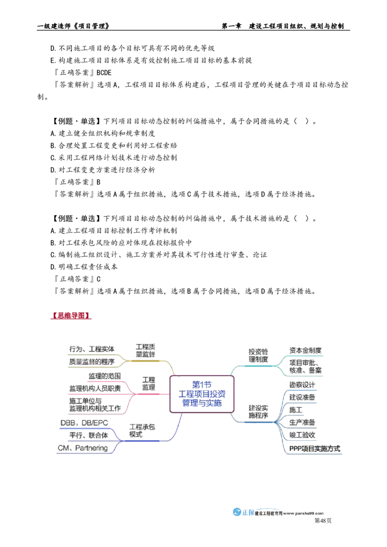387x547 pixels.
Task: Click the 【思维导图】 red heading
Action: [x=71, y=316]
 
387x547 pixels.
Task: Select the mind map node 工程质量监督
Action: [x=145, y=351]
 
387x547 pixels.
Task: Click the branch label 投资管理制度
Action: [x=258, y=356]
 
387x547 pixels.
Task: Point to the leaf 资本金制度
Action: [x=305, y=350]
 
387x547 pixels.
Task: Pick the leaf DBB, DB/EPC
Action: [x=84, y=423]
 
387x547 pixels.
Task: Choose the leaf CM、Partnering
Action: [x=83, y=448]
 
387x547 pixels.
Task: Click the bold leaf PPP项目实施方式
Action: [x=315, y=448]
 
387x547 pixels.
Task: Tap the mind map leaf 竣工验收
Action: [x=302, y=435]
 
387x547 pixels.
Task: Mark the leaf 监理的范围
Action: [x=104, y=376]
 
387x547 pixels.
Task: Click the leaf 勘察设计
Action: [x=302, y=385]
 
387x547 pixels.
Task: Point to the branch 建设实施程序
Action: [x=258, y=412]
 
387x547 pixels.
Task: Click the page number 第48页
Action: [x=323, y=521]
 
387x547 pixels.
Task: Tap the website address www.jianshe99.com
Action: [x=303, y=514]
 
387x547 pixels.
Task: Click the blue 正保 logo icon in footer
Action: [x=237, y=512]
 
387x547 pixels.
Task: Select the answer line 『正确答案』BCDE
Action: [x=83, y=72]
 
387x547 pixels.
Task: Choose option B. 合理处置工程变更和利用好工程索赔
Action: [x=114, y=145]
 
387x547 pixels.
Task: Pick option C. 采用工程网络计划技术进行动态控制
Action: [x=114, y=158]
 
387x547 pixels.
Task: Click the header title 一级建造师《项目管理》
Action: [x=74, y=26]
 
